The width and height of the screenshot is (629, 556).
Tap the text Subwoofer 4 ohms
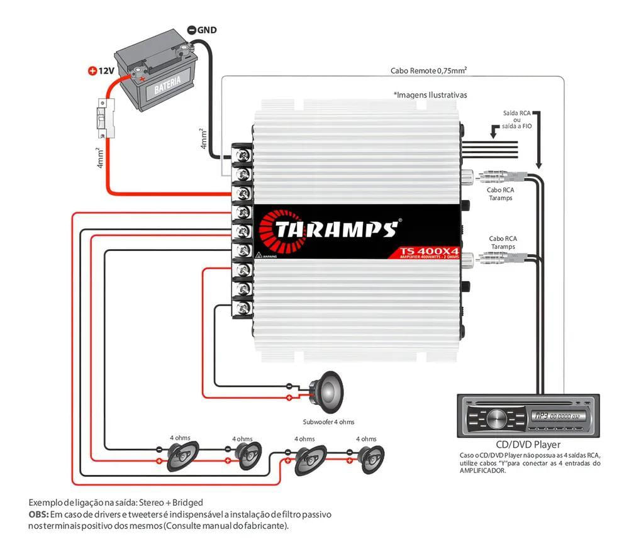(328, 422)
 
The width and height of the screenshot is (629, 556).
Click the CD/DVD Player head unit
(527, 416)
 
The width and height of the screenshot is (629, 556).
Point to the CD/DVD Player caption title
(527, 445)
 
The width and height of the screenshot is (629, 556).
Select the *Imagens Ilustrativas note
(430, 95)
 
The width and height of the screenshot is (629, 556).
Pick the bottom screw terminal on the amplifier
(242, 308)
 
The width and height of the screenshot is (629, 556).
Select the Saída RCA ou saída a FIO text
(516, 120)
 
